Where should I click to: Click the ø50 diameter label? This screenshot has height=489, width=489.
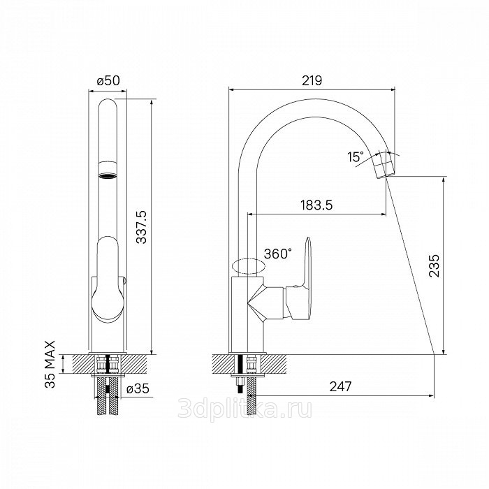108,81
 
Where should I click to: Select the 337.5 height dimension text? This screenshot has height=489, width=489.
142,227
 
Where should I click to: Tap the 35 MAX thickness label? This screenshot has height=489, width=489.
50,364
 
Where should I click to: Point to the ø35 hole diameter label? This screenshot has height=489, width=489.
138,388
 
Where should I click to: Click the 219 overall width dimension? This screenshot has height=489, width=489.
312,80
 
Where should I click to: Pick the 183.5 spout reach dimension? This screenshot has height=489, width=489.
316,205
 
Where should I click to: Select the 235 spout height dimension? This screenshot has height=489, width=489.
434,265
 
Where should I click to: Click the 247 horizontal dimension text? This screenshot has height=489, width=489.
341,387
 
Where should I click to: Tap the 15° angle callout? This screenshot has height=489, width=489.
356,157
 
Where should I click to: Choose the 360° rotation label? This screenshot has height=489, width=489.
278,254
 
